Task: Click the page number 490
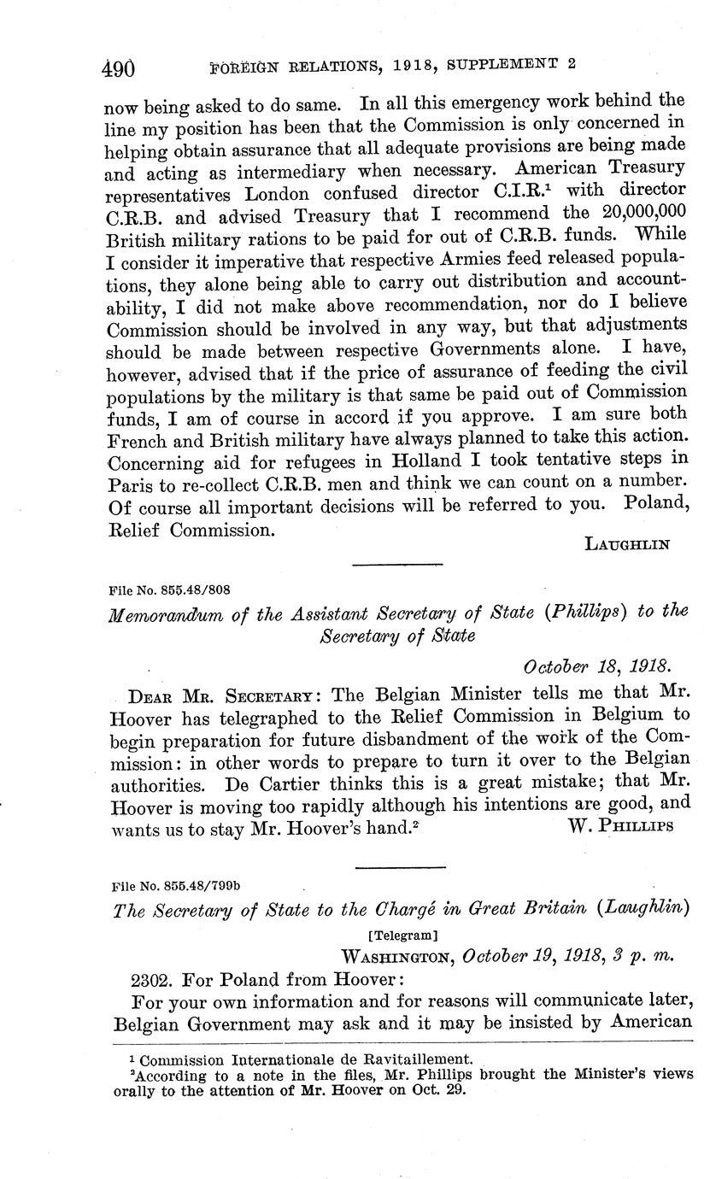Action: pos(119,68)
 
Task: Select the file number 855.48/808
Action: pos(169,589)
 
